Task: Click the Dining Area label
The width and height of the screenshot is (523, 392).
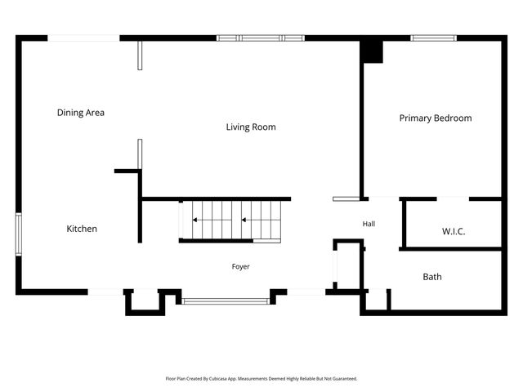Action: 81,113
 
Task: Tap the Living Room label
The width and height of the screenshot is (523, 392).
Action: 251,127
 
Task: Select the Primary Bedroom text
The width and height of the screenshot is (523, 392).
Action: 436,118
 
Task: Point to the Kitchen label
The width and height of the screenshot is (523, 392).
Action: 82,229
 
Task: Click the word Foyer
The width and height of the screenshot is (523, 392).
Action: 240,266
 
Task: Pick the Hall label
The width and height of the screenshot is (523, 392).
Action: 369,224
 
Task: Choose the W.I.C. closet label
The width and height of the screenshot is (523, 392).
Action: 454,231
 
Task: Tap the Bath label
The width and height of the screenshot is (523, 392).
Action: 432,277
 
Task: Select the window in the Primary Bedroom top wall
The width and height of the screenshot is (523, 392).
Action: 433,38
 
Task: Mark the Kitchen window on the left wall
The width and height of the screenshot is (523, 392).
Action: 19,234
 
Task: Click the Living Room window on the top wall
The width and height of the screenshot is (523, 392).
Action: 261,38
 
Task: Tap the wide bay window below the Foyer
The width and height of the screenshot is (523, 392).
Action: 226,301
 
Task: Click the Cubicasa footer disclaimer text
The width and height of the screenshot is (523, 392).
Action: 261,379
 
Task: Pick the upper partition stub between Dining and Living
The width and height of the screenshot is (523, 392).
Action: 140,56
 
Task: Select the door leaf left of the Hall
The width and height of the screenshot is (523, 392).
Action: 346,199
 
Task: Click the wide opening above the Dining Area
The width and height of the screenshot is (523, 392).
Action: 83,38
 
